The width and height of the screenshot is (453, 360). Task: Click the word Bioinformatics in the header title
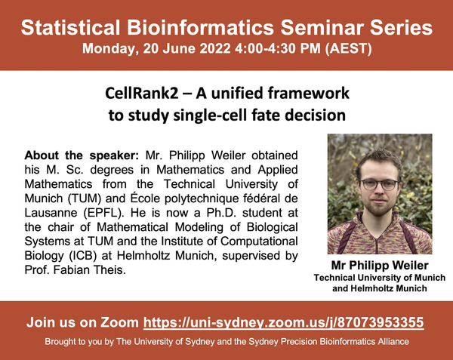click(x=201, y=28)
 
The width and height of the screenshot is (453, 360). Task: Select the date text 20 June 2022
click(x=186, y=48)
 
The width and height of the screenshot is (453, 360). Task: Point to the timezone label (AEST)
click(x=348, y=48)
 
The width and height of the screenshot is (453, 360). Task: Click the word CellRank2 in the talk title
click(x=142, y=94)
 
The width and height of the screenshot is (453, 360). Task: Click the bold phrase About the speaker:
click(x=82, y=155)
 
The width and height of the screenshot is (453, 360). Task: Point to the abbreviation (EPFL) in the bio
click(x=104, y=213)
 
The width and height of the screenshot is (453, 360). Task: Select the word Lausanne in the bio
click(x=51, y=213)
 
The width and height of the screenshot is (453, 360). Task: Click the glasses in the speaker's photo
click(x=379, y=184)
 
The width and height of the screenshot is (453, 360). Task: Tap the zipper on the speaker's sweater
click(x=377, y=245)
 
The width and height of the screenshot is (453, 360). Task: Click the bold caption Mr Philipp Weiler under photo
click(x=380, y=266)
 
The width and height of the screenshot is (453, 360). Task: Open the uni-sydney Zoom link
click(x=283, y=322)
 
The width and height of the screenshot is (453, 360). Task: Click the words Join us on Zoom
click(x=82, y=322)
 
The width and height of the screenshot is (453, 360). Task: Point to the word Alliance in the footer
click(x=393, y=342)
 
